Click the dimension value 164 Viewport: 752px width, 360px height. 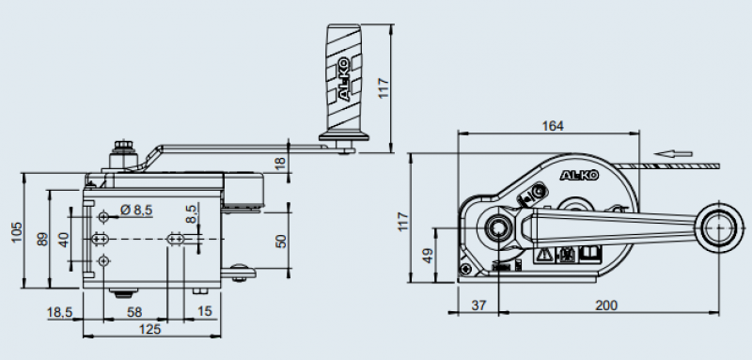(x=553, y=126)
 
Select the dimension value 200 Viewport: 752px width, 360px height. (x=606, y=305)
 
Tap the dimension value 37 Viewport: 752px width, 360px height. (x=478, y=305)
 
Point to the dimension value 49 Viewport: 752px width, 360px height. (x=428, y=255)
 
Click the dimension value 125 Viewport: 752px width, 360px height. (x=149, y=329)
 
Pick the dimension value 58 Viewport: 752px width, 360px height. (x=134, y=312)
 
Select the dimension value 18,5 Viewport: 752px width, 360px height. (x=59, y=313)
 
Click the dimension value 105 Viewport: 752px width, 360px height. (x=17, y=232)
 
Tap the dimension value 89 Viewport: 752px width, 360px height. (x=42, y=239)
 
